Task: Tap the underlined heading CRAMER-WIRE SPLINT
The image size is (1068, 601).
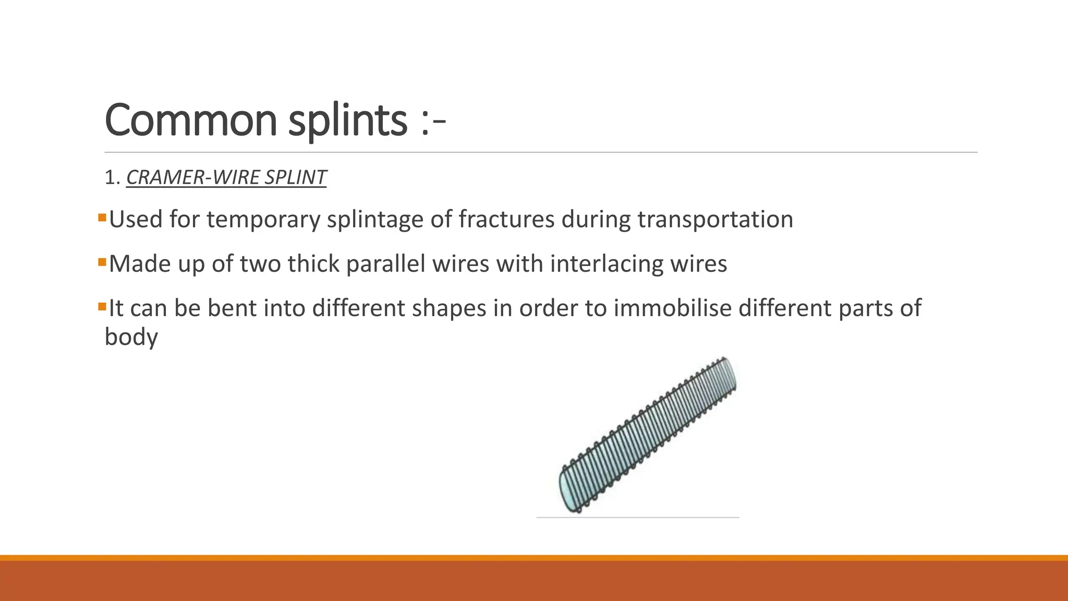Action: point(226,177)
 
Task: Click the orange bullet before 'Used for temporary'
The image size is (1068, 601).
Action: point(102,217)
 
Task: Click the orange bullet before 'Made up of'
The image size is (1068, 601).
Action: point(102,261)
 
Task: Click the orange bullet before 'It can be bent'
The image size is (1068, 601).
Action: point(102,305)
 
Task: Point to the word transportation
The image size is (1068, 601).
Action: point(715,219)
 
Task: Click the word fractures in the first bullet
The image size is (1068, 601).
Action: point(506,219)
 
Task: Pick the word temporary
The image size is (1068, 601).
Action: point(263,219)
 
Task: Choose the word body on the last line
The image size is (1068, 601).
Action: point(131,337)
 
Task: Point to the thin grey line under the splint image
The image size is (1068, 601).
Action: point(637,518)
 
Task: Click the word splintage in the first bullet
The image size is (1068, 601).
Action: point(375,219)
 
